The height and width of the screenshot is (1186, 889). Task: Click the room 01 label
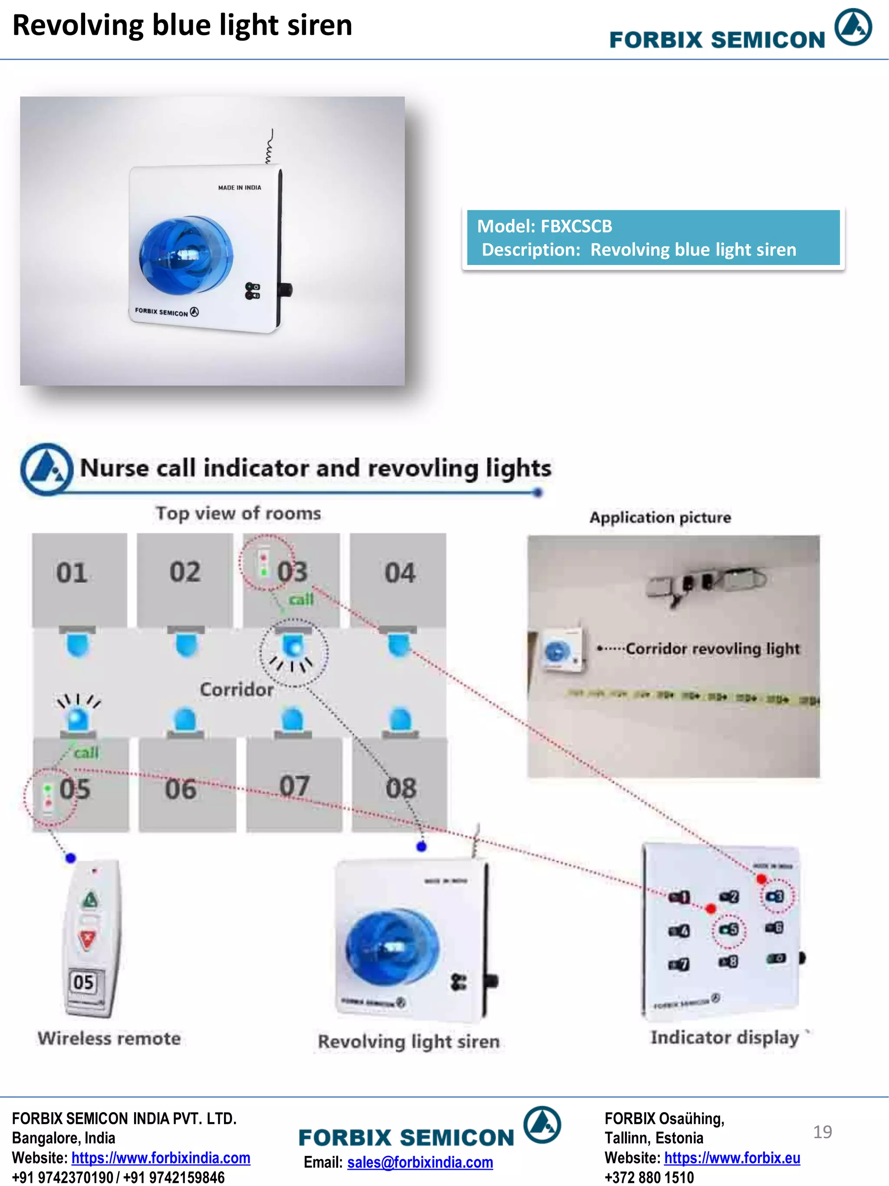click(x=72, y=573)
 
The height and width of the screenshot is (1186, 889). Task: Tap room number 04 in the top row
click(x=400, y=573)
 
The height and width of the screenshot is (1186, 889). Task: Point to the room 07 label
click(x=294, y=787)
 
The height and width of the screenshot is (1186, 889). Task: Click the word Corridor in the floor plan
click(x=236, y=689)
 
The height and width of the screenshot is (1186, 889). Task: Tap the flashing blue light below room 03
click(x=293, y=646)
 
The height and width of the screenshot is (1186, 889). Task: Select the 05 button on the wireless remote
click(x=84, y=982)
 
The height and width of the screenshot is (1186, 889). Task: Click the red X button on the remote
click(x=87, y=938)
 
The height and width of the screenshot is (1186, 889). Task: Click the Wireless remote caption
click(x=109, y=1039)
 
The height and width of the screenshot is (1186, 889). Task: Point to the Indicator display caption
click(x=724, y=1037)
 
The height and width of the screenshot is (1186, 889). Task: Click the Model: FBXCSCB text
click(x=544, y=226)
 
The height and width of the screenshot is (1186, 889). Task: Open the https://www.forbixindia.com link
click(x=161, y=1158)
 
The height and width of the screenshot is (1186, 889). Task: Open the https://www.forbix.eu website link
click(x=732, y=1158)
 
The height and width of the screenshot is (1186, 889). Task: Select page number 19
click(x=822, y=1132)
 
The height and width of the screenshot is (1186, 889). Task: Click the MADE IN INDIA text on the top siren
click(x=240, y=188)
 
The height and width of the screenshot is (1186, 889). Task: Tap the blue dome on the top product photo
click(x=185, y=255)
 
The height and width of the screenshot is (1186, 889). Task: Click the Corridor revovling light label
click(x=712, y=649)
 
